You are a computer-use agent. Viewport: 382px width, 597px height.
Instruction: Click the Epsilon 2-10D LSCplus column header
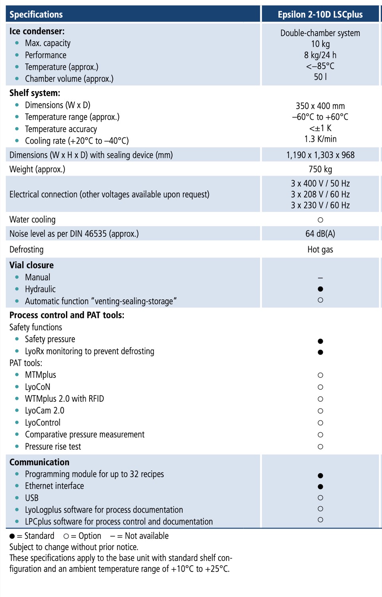[320, 15]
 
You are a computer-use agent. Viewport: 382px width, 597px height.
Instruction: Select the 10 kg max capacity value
[320, 44]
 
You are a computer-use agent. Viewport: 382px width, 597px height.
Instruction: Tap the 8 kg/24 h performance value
[320, 55]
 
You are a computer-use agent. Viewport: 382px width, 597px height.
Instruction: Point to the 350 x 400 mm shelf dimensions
[320, 106]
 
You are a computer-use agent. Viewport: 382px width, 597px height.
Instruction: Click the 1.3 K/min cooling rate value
[320, 139]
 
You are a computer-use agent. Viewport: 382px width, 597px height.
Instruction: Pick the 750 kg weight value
[320, 169]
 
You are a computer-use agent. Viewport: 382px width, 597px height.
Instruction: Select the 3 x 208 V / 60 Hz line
[320, 194]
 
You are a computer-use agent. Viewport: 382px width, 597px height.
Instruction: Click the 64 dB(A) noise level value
[320, 234]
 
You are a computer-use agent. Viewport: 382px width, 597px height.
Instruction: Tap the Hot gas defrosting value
[320, 250]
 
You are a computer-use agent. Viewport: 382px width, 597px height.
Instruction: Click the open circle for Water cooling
[320, 220]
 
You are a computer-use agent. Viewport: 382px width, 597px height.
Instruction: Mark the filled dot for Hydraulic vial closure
[320, 289]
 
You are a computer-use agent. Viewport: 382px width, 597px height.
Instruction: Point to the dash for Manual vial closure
[320, 278]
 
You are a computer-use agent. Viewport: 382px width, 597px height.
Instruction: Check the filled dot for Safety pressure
[320, 341]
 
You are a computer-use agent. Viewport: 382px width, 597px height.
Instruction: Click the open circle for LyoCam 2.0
[320, 411]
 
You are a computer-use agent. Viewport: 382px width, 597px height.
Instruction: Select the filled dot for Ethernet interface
[320, 486]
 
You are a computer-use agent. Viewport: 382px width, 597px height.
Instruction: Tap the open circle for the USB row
[320, 497]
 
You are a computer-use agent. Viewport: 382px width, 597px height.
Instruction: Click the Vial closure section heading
[31, 265]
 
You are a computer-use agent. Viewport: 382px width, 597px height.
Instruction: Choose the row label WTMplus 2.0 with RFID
[64, 399]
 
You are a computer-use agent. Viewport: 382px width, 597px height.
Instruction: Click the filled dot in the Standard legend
[12, 536]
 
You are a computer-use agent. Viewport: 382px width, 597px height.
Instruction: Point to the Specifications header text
[36, 15]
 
